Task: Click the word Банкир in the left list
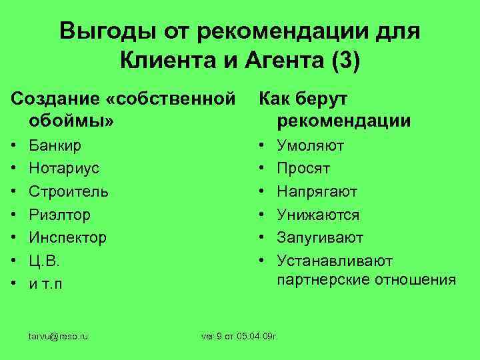[55, 145]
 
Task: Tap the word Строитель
[68, 191]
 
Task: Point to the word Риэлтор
[59, 215]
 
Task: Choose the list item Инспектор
[67, 237]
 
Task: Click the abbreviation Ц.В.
[44, 261]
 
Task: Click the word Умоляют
[311, 145]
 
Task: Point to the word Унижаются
[318, 215]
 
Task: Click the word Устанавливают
[335, 261]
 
